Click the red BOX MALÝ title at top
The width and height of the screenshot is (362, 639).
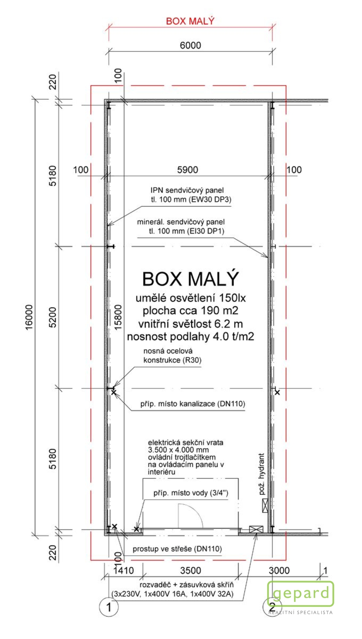tap(190, 21)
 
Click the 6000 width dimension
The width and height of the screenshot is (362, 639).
tap(190, 45)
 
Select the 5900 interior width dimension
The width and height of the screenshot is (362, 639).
tap(187, 170)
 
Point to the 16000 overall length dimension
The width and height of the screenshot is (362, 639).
tap(29, 317)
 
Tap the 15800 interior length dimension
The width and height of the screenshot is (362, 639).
tap(118, 317)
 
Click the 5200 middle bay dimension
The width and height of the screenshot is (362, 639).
tap(52, 317)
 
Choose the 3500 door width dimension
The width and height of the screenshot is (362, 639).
tap(190, 570)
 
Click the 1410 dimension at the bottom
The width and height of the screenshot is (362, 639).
tap(123, 570)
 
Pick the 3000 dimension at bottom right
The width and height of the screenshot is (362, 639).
tap(279, 570)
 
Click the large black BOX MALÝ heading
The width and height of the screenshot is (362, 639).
tap(191, 279)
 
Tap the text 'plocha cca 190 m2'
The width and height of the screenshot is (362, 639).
tap(191, 310)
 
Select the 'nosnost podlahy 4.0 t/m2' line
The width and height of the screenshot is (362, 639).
tap(191, 337)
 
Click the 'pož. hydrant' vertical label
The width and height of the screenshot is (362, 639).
tap(262, 474)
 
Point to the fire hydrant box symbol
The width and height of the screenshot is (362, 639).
tap(265, 506)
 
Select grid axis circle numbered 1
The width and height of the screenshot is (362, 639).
tap(109, 607)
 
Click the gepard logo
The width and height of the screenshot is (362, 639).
tap(300, 594)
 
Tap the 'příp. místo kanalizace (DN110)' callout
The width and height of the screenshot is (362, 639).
tap(193, 404)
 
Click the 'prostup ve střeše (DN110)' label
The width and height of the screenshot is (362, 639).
tap(177, 549)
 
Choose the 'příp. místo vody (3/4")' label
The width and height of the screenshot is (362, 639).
tap(191, 493)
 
